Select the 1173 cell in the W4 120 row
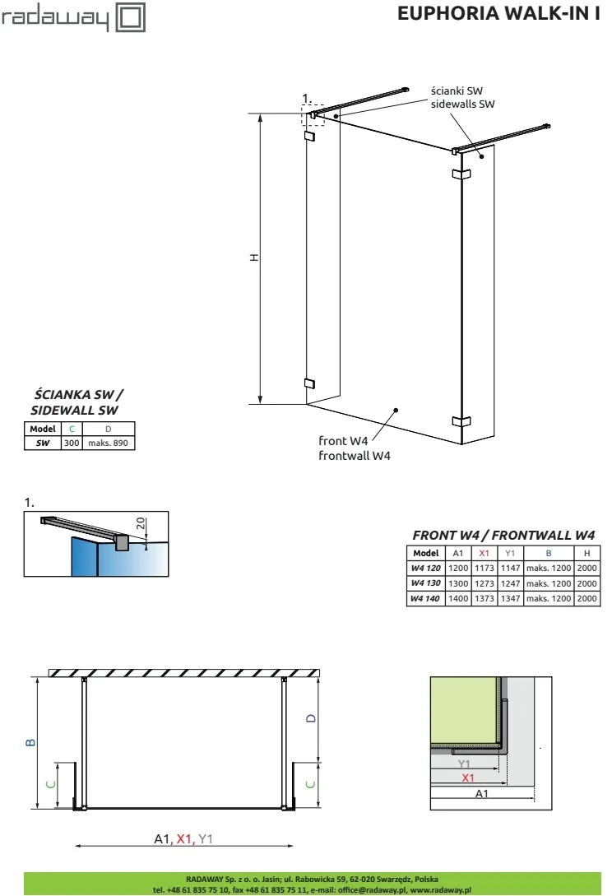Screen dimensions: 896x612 tap(484, 568)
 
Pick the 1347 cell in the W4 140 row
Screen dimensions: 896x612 tap(510, 598)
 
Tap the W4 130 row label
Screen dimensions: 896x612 tap(426, 583)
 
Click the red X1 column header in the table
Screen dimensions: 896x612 tap(484, 553)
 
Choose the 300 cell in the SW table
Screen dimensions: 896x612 tap(72, 443)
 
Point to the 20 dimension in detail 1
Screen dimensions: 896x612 tap(141, 524)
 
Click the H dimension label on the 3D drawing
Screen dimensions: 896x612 tap(255, 258)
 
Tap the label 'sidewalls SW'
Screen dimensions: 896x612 tap(463, 104)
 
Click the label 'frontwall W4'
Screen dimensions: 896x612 tap(355, 455)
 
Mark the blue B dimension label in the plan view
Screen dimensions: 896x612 tap(30, 742)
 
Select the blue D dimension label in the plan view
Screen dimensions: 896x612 tap(310, 717)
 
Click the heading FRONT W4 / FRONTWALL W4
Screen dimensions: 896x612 tap(503, 534)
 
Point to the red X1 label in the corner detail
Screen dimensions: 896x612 tap(467, 778)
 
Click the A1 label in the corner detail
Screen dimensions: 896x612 tap(482, 793)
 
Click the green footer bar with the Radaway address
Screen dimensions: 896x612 tap(306, 884)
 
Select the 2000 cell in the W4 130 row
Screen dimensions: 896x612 tap(587, 583)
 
